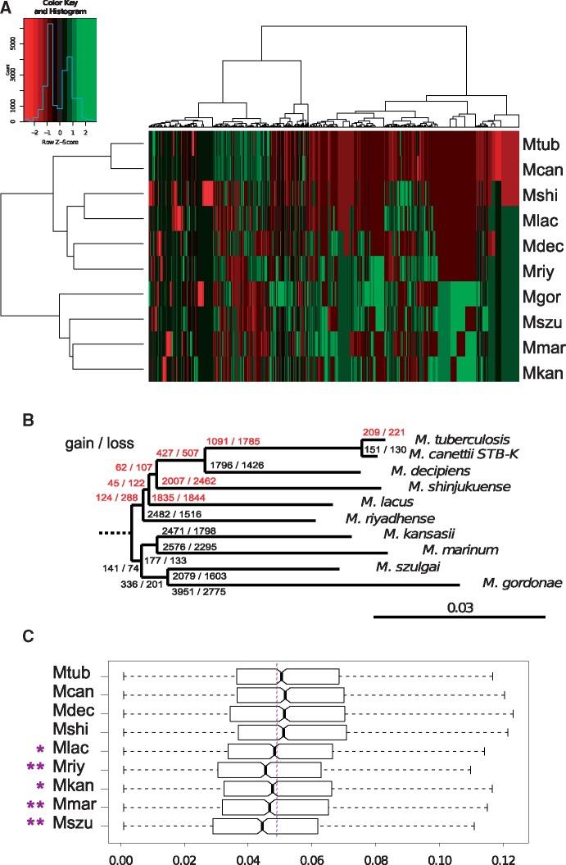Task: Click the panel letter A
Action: point(7,7)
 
